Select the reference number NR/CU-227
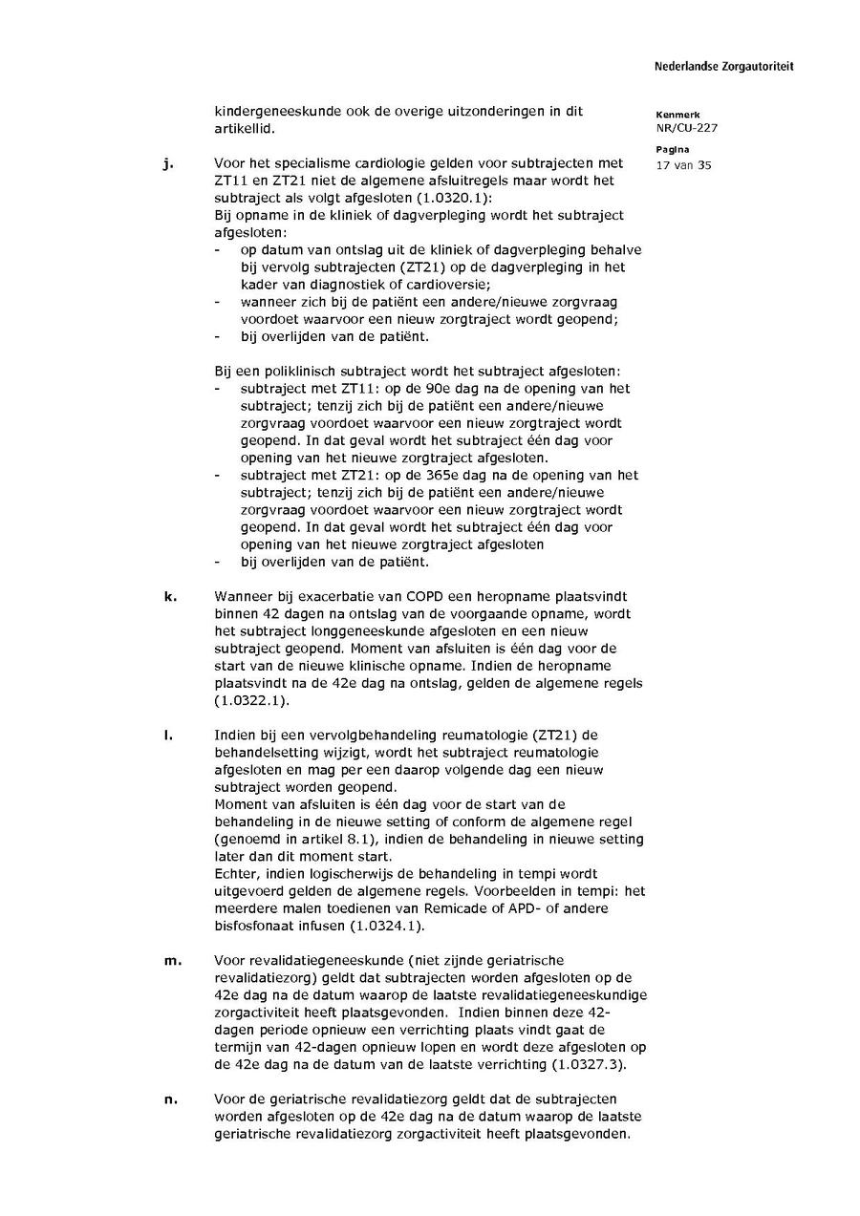coord(687,128)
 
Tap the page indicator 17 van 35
coord(684,164)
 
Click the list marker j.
coord(168,163)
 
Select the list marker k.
coord(170,596)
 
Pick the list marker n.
coord(171,1099)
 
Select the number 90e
coord(412,389)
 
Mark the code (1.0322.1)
coord(250,700)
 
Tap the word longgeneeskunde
coord(342,630)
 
